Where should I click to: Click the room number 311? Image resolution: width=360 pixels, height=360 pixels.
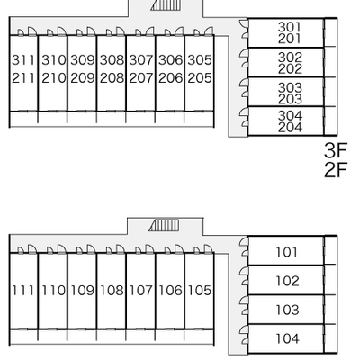pyautogui.click(x=23, y=60)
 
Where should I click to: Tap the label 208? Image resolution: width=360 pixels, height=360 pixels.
pyautogui.click(x=112, y=78)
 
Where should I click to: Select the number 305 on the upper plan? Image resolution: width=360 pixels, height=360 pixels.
pyautogui.click(x=200, y=60)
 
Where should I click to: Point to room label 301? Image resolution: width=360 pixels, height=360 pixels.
pyautogui.click(x=289, y=27)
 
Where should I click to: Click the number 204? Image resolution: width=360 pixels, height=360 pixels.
pyautogui.click(x=290, y=127)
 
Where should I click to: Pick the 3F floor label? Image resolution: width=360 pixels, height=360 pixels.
pyautogui.click(x=336, y=150)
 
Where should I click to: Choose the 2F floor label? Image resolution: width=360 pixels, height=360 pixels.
pyautogui.click(x=336, y=170)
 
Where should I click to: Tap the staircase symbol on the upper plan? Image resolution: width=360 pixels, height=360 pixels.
pyautogui.click(x=166, y=5)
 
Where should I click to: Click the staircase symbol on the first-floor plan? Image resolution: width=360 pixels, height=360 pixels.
pyautogui.click(x=165, y=225)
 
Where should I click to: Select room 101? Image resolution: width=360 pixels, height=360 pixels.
pyautogui.click(x=287, y=252)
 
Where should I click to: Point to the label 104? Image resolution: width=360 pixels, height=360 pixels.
pyautogui.click(x=287, y=338)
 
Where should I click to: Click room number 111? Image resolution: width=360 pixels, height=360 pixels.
pyautogui.click(x=23, y=291)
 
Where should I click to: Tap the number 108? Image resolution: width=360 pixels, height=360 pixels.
pyautogui.click(x=112, y=291)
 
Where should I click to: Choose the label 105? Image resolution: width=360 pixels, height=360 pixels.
pyautogui.click(x=200, y=291)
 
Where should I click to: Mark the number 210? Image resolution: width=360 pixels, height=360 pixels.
pyautogui.click(x=54, y=78)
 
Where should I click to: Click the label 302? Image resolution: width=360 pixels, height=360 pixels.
pyautogui.click(x=290, y=58)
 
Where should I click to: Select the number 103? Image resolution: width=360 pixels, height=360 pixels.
pyautogui.click(x=287, y=310)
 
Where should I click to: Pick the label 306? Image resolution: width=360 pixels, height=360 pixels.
pyautogui.click(x=170, y=60)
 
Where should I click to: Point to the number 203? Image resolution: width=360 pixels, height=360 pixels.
pyautogui.click(x=290, y=99)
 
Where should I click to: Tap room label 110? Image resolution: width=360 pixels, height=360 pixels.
pyautogui.click(x=53, y=291)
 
